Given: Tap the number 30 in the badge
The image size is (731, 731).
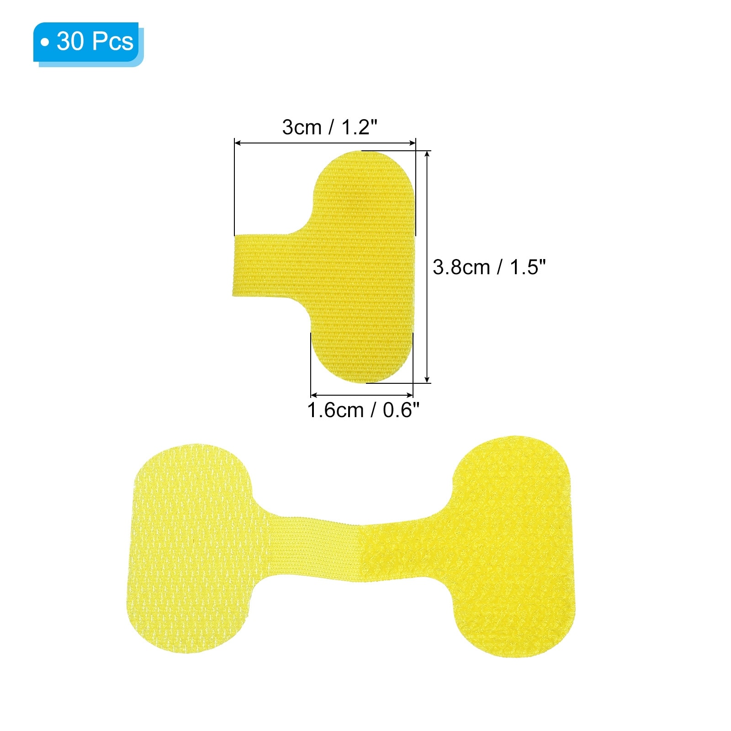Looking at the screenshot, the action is (70, 42).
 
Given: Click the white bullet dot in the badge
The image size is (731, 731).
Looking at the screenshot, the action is (44, 42).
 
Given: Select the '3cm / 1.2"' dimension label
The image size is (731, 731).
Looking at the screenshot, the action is (330, 127).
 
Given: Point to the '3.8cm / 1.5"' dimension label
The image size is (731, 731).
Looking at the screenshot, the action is (489, 267).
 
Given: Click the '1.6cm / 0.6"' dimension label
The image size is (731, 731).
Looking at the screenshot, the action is (363, 410).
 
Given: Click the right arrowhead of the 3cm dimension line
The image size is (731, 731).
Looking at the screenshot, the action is (413, 143).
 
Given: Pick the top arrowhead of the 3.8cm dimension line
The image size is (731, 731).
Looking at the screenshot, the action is (427, 154).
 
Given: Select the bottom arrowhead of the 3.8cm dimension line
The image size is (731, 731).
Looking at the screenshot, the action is (427, 379).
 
